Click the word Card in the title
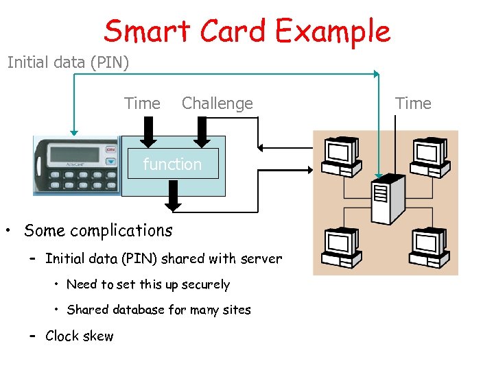[234, 31]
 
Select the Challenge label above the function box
[217, 103]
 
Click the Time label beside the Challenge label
[142, 103]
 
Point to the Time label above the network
[413, 103]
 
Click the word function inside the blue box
[172, 164]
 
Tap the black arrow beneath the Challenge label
[201, 132]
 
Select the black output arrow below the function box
[174, 198]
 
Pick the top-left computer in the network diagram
[341, 154]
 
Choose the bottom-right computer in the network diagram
[429, 247]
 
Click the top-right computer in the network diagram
[429, 154]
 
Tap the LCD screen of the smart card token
[71, 153]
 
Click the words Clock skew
[79, 336]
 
